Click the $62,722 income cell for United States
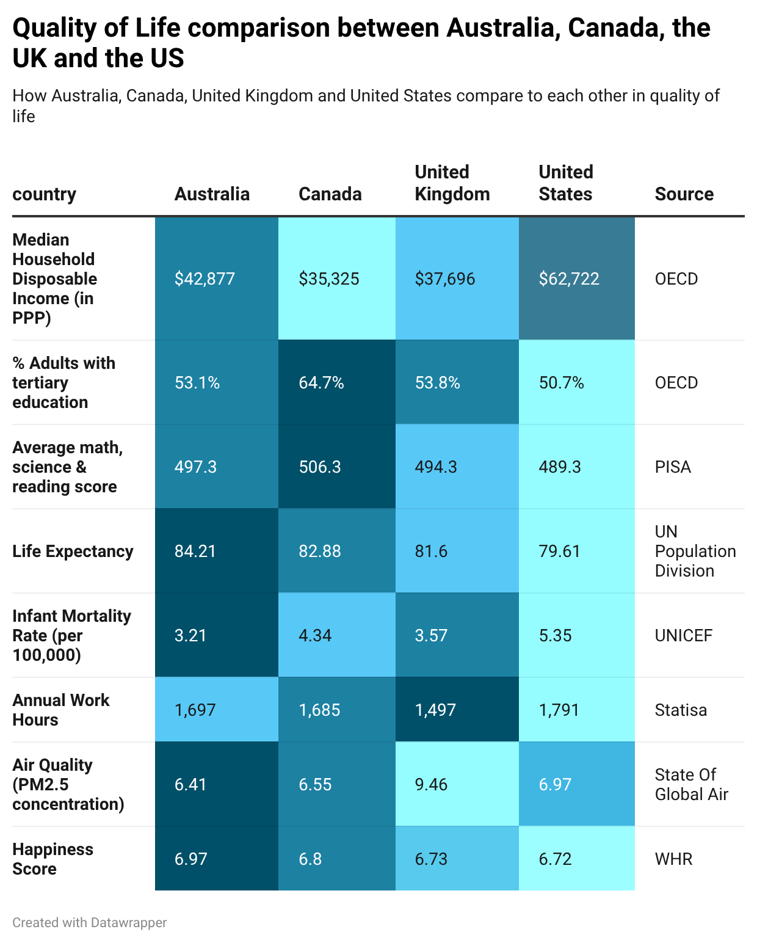(x=569, y=279)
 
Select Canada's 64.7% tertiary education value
(x=321, y=383)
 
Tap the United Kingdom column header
(x=452, y=183)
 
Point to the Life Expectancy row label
(x=73, y=552)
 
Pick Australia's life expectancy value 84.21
(x=195, y=552)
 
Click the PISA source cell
(x=673, y=467)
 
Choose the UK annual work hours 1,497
(x=435, y=710)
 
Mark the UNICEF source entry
(x=683, y=636)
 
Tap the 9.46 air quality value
(x=431, y=785)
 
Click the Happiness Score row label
(x=53, y=859)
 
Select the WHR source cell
(x=673, y=859)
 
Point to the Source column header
(x=684, y=194)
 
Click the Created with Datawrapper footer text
(x=90, y=922)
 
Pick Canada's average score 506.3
(x=320, y=467)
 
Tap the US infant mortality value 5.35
(x=555, y=636)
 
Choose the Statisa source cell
(x=681, y=710)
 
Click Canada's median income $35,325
(x=329, y=279)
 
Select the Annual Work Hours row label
(x=60, y=710)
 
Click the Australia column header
(x=212, y=194)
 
